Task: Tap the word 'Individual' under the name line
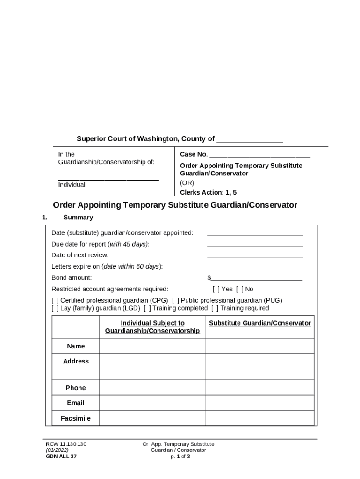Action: coord(72,185)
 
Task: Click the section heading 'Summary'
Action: coord(78,218)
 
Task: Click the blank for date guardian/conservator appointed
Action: coord(255,233)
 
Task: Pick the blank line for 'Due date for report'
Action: coord(255,245)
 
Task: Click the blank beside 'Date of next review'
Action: coord(255,256)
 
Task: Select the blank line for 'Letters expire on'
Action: coord(255,267)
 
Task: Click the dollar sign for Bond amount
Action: coord(209,278)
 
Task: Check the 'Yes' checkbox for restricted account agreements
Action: coord(216,289)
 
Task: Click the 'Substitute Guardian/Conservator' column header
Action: coord(259,323)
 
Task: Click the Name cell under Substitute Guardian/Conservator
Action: coord(259,346)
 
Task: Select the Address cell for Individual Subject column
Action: coord(152,366)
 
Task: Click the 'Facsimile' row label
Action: coord(76,418)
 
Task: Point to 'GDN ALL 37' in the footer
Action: coord(61,457)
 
